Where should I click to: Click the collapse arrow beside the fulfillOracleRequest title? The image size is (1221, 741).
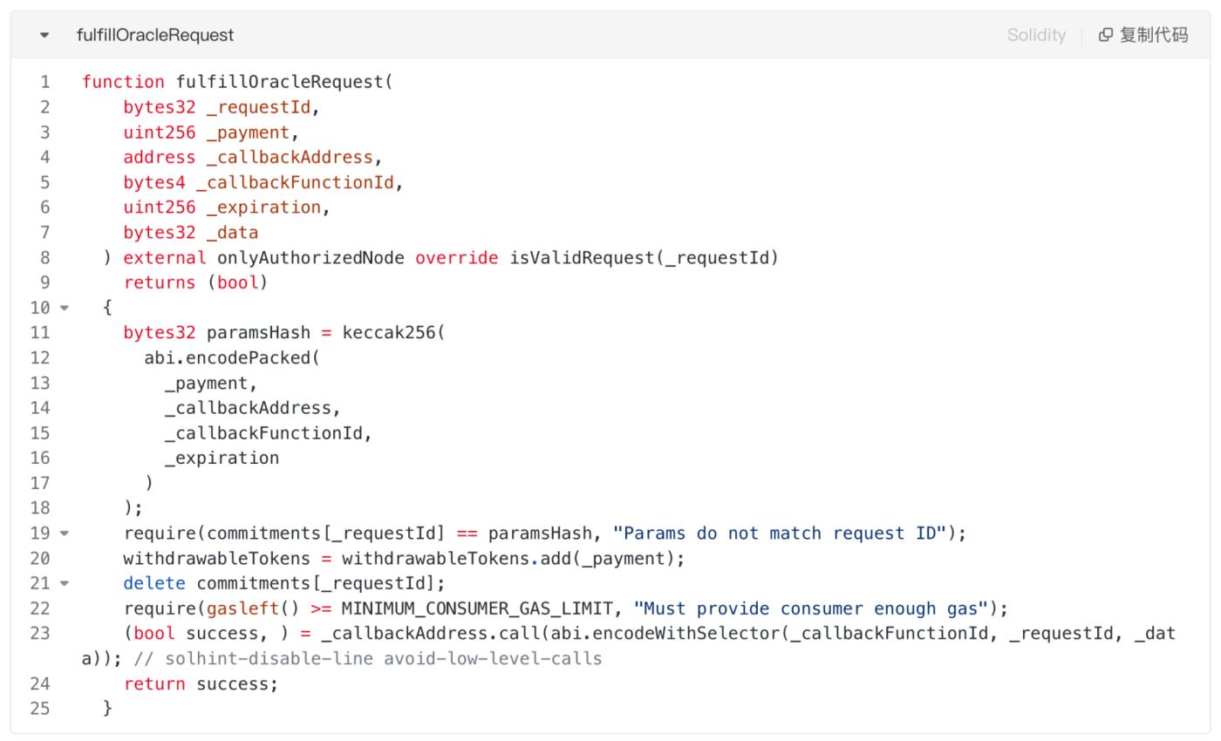coord(44,36)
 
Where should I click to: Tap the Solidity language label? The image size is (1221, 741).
coord(1036,35)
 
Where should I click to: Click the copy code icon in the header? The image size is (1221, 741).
coord(1106,35)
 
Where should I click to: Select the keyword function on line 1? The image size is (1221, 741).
coord(123,82)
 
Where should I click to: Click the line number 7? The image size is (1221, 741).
coord(44,233)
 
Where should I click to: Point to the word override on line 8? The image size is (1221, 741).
coord(457,258)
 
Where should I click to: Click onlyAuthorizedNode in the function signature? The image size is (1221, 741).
coord(310,258)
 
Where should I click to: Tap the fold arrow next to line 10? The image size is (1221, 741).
coord(65,308)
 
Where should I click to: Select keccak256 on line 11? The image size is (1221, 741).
coord(389,332)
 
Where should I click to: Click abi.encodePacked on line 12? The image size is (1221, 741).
coord(227,358)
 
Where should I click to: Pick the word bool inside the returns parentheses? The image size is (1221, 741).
coord(237,282)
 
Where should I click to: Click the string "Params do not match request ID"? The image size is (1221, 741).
coord(780,533)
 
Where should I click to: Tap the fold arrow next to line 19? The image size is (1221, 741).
coord(65,534)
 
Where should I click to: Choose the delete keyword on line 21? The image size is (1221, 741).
coord(154,583)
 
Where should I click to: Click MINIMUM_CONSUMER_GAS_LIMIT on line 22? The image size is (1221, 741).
coord(477,608)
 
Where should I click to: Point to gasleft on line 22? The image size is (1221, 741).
coord(242,608)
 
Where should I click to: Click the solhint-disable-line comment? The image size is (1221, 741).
coord(368,659)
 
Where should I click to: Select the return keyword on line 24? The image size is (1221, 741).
coord(154,683)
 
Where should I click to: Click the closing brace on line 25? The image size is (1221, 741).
coord(107,709)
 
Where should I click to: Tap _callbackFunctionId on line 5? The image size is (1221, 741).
coord(295,182)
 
